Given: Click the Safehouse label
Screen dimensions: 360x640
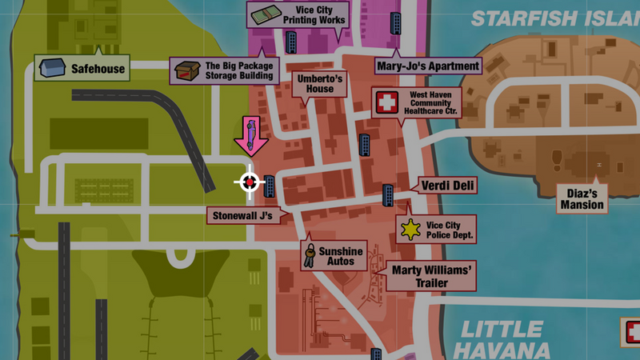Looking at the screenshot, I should coord(98,69).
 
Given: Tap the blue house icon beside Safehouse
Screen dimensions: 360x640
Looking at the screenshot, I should coord(53,68).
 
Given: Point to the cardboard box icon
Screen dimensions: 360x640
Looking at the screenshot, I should coord(186,71).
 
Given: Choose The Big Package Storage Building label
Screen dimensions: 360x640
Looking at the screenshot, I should coord(239,71).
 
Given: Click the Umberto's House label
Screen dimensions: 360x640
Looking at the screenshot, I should coord(320,84).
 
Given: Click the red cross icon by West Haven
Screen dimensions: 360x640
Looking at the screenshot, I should coord(387,102).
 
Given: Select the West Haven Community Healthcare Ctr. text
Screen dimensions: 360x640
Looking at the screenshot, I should coord(433,103).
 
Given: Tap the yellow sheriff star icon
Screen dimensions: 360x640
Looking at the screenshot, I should coord(410,230).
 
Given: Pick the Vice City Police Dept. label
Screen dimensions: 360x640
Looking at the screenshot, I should coord(450,230).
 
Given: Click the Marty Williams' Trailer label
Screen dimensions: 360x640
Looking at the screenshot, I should coord(430,276).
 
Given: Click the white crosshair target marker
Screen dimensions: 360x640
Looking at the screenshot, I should coord(249,182).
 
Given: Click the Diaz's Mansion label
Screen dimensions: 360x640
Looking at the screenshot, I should coord(582,199).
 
